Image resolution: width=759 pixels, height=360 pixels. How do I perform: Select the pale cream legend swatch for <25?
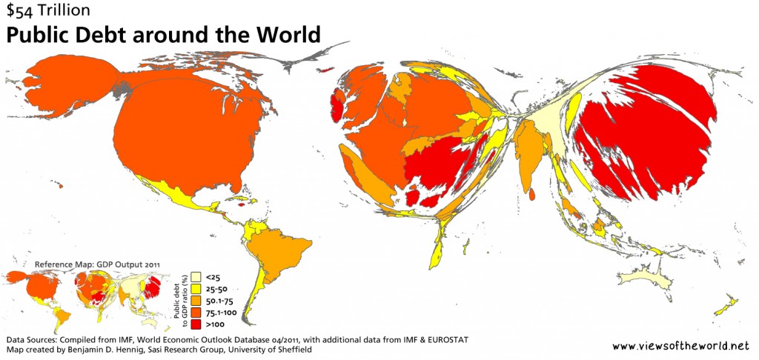pyautogui.click(x=197, y=276)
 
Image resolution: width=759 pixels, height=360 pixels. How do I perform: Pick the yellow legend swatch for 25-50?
pyautogui.click(x=197, y=289)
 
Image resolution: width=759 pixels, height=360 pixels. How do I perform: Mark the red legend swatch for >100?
pyautogui.click(x=197, y=324)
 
